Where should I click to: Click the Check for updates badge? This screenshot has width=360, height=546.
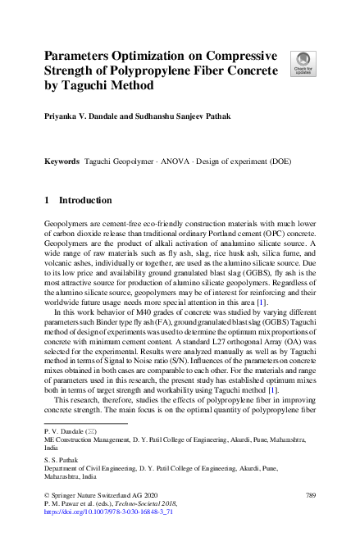click(301, 64)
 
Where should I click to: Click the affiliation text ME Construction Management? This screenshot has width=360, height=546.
click(84, 440)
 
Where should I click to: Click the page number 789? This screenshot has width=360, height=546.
click(310, 496)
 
